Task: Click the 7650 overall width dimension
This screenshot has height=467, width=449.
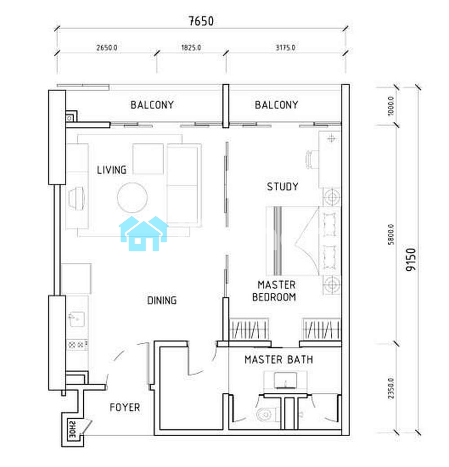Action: [201, 21]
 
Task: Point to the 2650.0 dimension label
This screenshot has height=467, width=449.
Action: [106, 48]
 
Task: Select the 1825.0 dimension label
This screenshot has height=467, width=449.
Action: [191, 48]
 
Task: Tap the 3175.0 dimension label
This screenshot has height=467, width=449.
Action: [285, 48]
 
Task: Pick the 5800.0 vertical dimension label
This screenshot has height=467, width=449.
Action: [391, 234]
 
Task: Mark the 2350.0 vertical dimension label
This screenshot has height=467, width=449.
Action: [391, 389]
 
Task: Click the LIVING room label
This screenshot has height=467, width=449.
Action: [112, 170]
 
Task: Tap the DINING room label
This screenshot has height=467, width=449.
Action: [162, 300]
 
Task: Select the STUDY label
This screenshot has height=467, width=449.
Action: [282, 186]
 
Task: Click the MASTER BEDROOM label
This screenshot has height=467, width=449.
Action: [274, 290]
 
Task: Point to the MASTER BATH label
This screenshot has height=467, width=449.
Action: [279, 360]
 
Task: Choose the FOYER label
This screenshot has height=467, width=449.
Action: [125, 407]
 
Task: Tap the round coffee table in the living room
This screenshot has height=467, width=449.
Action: [132, 198]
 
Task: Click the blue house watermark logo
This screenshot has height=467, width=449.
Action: [144, 233]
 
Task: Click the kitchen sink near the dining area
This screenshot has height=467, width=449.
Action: [77, 319]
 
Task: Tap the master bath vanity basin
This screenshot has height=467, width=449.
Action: [285, 380]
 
